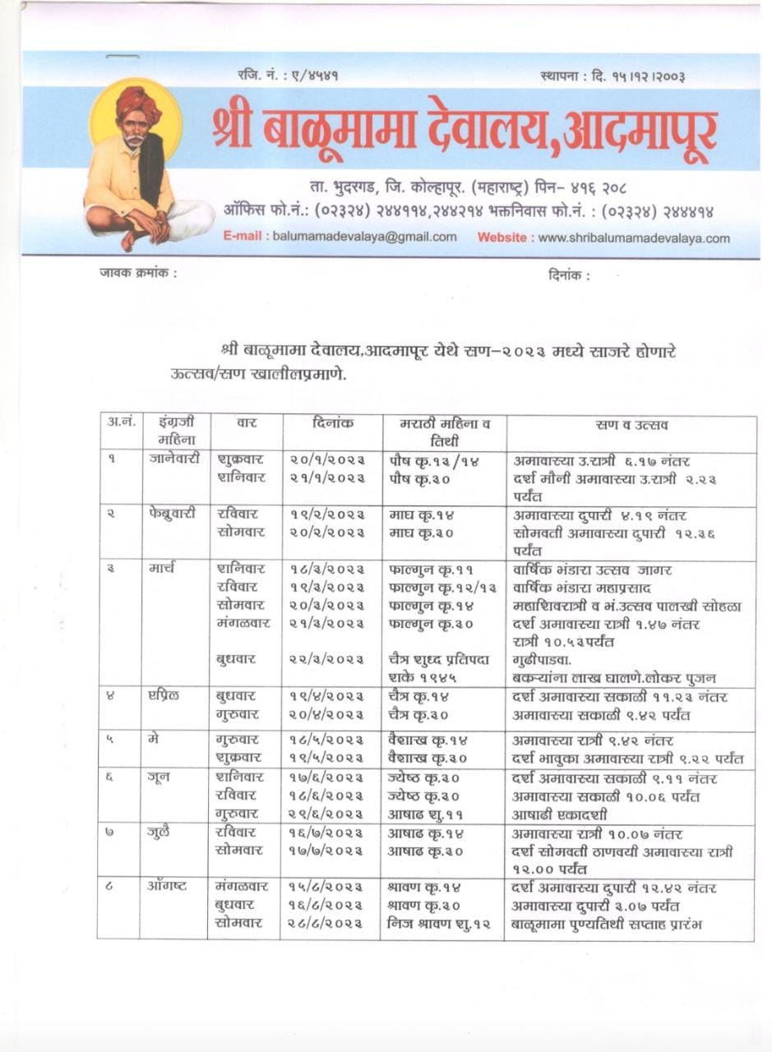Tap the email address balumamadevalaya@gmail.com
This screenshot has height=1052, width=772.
[x=364, y=238]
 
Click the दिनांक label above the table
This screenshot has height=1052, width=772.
[x=568, y=276]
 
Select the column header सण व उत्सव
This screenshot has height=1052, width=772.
[x=631, y=425]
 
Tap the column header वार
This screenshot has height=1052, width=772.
[x=246, y=424]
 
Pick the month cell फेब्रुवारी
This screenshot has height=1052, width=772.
[x=173, y=514]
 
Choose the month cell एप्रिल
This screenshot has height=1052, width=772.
[x=166, y=696]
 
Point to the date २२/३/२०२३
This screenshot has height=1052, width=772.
[x=326, y=659]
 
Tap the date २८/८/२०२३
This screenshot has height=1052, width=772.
[x=326, y=924]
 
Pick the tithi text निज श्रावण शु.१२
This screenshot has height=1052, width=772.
[x=438, y=924]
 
